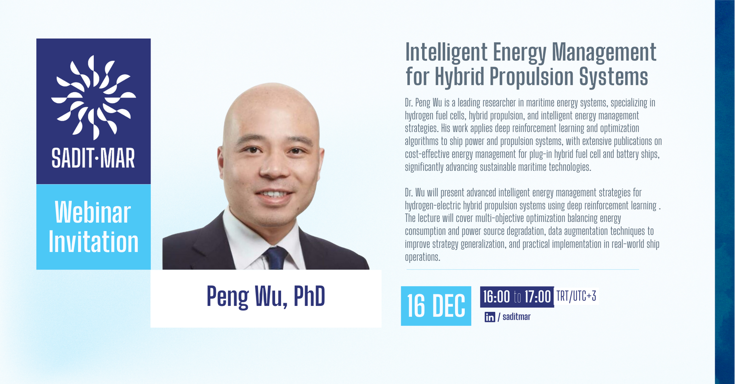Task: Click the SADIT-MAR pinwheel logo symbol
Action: pos(93,97)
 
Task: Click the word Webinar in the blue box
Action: pos(93,213)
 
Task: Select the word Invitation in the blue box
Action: pos(94,242)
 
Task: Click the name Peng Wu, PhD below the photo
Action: pos(266,297)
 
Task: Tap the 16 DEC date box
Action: pos(436,306)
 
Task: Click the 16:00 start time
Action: pos(496,297)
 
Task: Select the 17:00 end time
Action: pos(537,297)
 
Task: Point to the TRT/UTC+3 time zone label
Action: pos(576,296)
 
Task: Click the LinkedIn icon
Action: pos(490,317)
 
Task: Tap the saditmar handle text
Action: pos(516,317)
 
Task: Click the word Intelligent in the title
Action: pos(446,52)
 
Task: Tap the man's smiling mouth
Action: pos(275,195)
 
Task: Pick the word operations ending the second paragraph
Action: pos(422,257)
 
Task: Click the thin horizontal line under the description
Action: pos(522,270)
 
